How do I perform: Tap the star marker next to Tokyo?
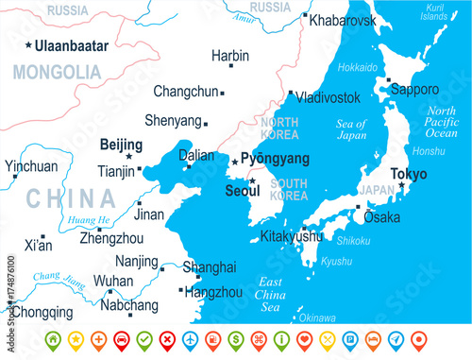[x=401, y=185]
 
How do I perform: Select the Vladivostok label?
[x=328, y=97]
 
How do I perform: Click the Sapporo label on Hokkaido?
[x=415, y=90]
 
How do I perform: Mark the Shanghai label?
[x=209, y=267]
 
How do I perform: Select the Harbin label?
[x=231, y=56]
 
